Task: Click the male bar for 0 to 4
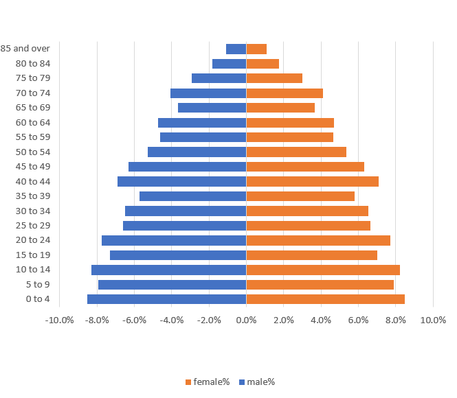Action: [167, 299]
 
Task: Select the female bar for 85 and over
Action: [256, 49]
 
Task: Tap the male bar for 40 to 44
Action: [182, 181]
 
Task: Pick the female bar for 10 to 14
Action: [323, 270]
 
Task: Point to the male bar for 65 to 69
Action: [212, 108]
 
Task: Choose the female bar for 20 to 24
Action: [318, 240]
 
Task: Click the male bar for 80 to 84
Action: [230, 64]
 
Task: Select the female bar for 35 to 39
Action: [300, 196]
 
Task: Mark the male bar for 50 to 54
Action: [197, 152]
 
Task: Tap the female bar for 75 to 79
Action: [274, 78]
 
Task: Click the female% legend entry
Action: [208, 382]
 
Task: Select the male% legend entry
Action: [257, 382]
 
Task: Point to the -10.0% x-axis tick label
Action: [60, 320]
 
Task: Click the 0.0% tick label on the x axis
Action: [246, 320]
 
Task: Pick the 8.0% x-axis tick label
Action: [395, 320]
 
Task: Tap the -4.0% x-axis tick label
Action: [172, 320]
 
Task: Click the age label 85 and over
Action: [25, 49]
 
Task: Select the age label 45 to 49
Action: [33, 167]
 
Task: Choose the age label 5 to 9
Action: [38, 284]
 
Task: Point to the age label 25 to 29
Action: [33, 225]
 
